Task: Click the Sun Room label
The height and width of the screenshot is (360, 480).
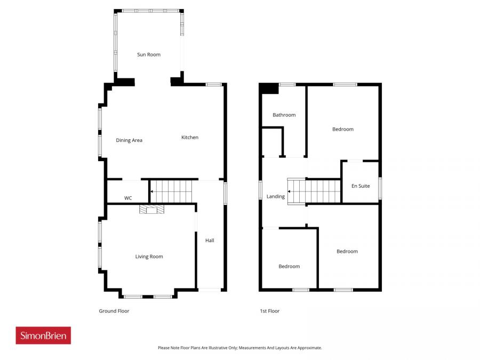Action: coord(148,54)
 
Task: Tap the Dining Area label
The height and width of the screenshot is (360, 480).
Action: coord(129,140)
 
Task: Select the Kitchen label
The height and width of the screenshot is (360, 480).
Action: coord(189,137)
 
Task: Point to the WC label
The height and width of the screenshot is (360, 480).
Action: coord(128,198)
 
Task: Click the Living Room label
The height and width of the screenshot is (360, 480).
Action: coord(149,257)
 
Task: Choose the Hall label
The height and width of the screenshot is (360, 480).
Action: coord(210,241)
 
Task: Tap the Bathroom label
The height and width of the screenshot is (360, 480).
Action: coord(284,115)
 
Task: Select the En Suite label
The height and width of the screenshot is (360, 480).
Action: coord(361,186)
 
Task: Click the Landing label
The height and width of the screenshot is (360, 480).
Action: coord(275,196)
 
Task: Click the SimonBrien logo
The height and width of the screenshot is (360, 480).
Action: coord(43,335)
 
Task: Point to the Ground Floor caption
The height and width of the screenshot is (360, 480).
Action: coord(114,311)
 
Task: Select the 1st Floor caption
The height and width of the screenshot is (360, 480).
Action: coord(269,311)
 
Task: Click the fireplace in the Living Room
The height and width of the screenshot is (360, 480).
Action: coord(152,209)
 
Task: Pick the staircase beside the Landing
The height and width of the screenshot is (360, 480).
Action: coord(315,190)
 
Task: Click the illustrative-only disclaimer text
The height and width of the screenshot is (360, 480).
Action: coord(239,348)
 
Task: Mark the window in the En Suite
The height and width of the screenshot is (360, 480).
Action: coord(380,188)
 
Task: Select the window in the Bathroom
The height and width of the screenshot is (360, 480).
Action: coord(287,84)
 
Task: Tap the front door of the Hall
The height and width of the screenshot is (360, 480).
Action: coord(210,290)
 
